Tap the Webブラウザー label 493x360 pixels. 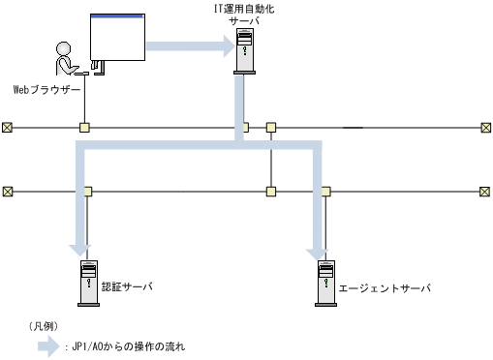[46, 89]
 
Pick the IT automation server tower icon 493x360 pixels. [246, 52]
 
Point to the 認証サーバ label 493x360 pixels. [128, 287]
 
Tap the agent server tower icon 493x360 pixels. [324, 283]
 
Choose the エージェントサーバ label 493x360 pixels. [384, 288]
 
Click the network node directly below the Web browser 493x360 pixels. [85, 127]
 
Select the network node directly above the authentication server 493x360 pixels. [87, 192]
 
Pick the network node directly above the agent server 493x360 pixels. [324, 192]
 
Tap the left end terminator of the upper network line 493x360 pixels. [8, 127]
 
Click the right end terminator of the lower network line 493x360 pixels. [485, 192]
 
